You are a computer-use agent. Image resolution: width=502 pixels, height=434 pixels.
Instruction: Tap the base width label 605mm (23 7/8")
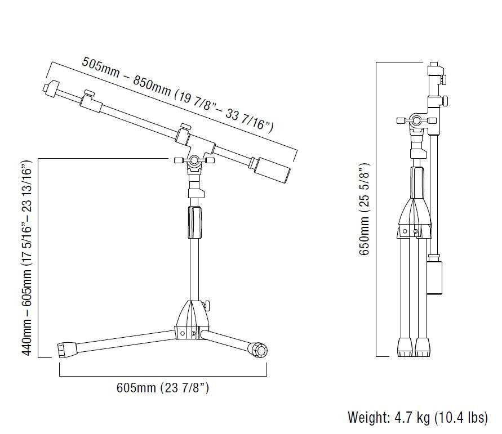pyautogui.click(x=163, y=388)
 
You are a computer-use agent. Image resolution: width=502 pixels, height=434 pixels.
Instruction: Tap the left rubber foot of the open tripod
pyautogui.click(x=67, y=350)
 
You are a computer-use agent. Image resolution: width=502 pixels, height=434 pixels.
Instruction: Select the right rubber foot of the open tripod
pyautogui.click(x=259, y=350)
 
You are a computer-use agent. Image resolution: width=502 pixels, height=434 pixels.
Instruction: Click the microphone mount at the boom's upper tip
pyautogui.click(x=51, y=88)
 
